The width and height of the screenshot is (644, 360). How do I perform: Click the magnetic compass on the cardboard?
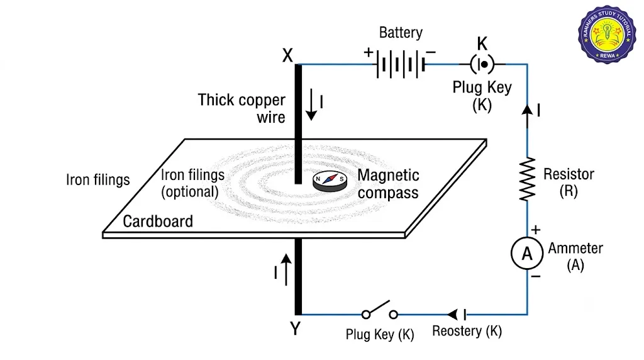pyautogui.click(x=330, y=181)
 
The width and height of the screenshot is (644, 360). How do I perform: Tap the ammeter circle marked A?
pyautogui.click(x=527, y=254)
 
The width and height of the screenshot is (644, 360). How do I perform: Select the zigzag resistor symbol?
pyautogui.click(x=528, y=179)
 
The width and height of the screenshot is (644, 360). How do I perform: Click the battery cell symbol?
pyautogui.click(x=401, y=64)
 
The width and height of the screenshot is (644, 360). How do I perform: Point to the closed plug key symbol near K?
pyautogui.click(x=482, y=64)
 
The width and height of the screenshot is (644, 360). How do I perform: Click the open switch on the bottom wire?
pyautogui.click(x=379, y=310)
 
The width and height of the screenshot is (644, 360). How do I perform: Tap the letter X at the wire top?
pyautogui.click(x=287, y=55)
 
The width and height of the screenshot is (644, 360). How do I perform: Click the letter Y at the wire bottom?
pyautogui.click(x=296, y=329)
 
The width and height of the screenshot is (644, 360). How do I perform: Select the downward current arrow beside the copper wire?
pyautogui.click(x=311, y=104)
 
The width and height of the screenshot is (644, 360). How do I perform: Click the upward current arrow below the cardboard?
pyautogui.click(x=286, y=269)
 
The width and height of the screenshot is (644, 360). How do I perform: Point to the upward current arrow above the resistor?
pyautogui.click(x=528, y=116)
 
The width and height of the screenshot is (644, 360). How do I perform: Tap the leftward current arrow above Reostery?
pyautogui.click(x=453, y=315)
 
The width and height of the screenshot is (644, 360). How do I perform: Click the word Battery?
pyautogui.click(x=401, y=33)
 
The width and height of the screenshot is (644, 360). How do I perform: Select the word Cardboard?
pyautogui.click(x=158, y=222)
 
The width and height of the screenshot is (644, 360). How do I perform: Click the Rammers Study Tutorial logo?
pyautogui.click(x=607, y=35)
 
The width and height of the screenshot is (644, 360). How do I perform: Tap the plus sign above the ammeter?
pyautogui.click(x=536, y=230)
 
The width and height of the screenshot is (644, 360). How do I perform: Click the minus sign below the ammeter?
pyautogui.click(x=536, y=276)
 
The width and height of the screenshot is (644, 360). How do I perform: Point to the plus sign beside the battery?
pyautogui.click(x=369, y=52)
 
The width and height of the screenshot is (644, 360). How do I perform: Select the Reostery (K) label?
pyautogui.click(x=467, y=331)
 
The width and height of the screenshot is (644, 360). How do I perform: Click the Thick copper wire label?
pyautogui.click(x=241, y=108)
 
